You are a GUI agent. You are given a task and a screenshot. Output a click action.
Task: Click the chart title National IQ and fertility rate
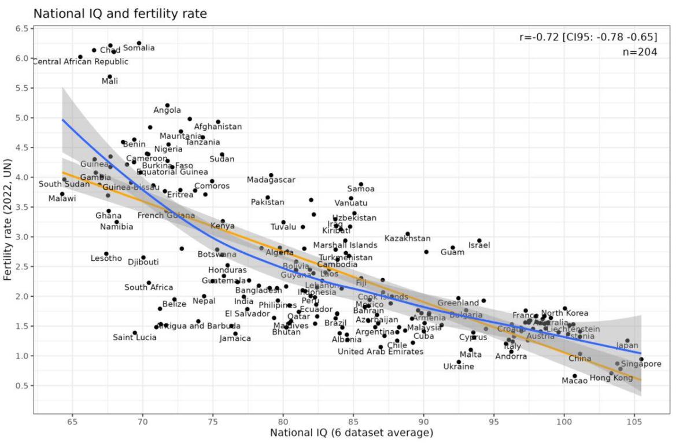coord(120,13)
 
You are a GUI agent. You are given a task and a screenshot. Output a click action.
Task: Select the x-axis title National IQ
coord(351,433)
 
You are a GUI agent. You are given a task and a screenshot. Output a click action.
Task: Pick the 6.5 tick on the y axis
coord(23,28)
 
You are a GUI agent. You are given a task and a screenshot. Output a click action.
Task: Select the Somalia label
coord(139,48)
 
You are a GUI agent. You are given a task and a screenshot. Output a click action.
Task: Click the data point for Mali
coord(109,76)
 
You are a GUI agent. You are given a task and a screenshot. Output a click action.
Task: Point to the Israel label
coord(479,245)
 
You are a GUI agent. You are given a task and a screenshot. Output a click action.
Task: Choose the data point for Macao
coord(574,376)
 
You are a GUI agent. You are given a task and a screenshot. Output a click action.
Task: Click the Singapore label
coord(641,364)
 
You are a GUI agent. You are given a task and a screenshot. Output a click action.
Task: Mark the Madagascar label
coord(271,180)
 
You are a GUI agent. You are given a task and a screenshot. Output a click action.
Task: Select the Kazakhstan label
coord(407,238)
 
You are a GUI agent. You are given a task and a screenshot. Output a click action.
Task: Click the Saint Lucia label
coord(134,338)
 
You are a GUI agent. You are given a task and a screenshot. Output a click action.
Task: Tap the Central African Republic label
coord(80,62)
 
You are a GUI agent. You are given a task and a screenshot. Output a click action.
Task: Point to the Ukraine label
coord(459,367)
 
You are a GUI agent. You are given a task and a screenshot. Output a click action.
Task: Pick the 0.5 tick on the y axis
coord(23,386)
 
